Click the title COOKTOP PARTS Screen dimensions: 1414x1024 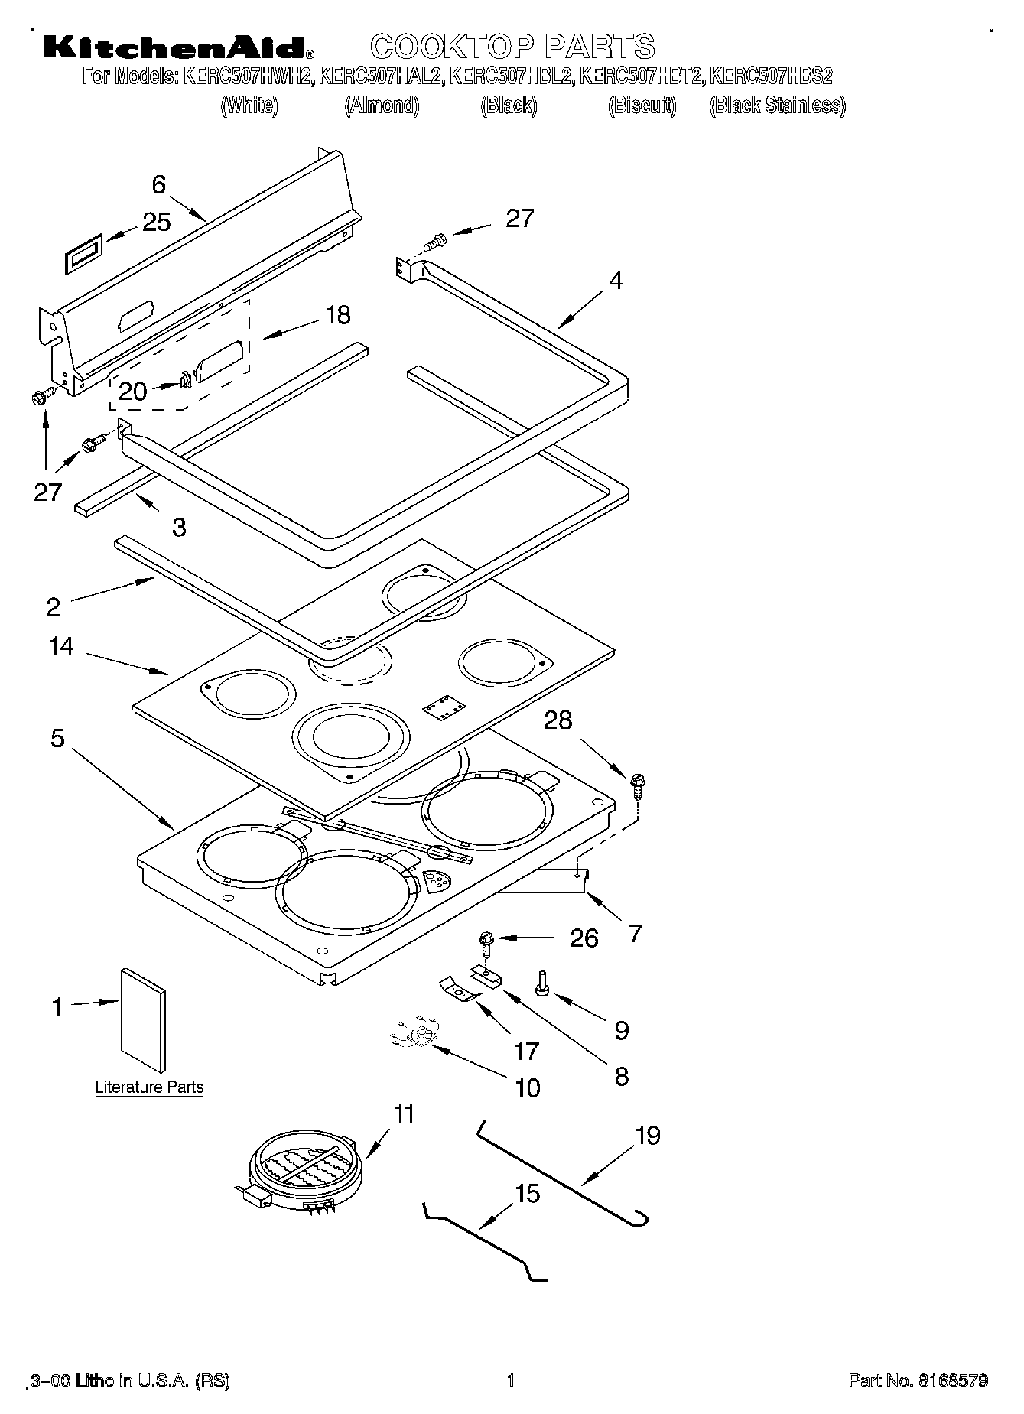[512, 47]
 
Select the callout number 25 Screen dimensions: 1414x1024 [157, 222]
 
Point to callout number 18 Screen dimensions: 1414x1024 [337, 314]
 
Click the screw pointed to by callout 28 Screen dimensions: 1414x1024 [637, 785]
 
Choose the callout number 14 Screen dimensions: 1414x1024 [61, 646]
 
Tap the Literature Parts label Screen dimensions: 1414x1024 [149, 1087]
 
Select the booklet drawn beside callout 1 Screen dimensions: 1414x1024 [143, 1019]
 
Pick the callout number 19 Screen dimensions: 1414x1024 [648, 1135]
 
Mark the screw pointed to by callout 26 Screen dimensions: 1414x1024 [485, 942]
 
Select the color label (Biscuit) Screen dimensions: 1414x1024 [642, 106]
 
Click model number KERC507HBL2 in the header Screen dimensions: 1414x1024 [511, 76]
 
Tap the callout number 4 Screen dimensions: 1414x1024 [616, 281]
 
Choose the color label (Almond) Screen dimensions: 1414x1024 [382, 106]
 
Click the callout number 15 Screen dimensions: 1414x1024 [528, 1193]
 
